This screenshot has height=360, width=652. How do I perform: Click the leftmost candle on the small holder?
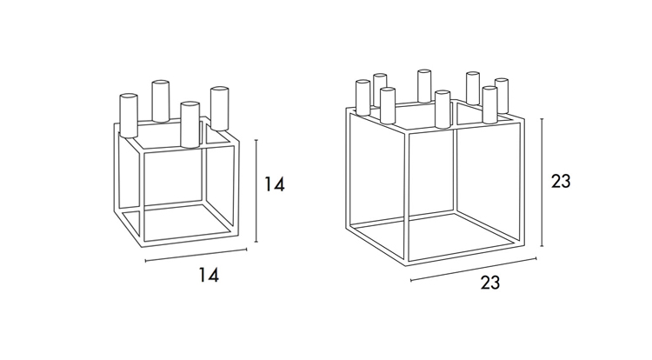click(129, 115)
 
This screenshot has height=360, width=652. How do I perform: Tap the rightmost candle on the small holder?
click(219, 108)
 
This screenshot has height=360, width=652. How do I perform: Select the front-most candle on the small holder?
click(190, 124)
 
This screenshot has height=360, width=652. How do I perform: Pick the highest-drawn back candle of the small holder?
click(161, 101)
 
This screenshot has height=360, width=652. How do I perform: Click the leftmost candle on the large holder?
click(363, 97)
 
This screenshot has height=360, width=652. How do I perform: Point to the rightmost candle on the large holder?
click(502, 96)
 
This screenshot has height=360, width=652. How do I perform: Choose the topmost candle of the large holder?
click(424, 85)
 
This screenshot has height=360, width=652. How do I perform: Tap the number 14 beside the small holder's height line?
click(275, 184)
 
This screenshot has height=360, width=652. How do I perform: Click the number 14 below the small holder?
click(209, 275)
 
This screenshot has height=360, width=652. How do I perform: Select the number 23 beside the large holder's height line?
click(561, 181)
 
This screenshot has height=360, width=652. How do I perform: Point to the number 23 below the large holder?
click(490, 283)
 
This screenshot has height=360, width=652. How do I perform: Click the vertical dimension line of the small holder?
click(256, 190)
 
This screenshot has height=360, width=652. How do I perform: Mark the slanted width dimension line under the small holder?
click(196, 256)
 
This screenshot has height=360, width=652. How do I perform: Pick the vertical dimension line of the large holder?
click(542, 183)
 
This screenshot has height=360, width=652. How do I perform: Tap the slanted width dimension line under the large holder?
click(473, 270)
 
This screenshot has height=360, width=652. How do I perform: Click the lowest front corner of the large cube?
click(407, 264)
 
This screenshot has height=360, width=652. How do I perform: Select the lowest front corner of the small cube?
click(143, 246)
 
